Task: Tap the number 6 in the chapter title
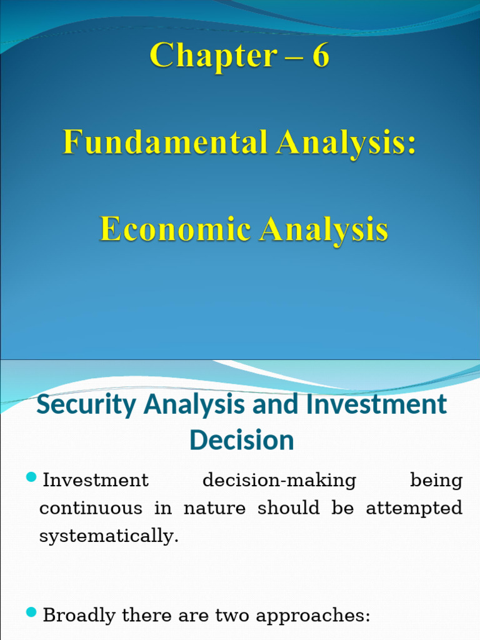(x=320, y=56)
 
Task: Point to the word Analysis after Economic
(x=324, y=229)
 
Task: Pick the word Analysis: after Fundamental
(x=347, y=142)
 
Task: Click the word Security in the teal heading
(x=86, y=404)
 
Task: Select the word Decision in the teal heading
(x=242, y=440)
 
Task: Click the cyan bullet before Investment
(x=32, y=479)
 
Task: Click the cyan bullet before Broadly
(x=32, y=614)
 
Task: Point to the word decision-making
(x=279, y=481)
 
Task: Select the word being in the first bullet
(x=436, y=481)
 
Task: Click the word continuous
(x=91, y=508)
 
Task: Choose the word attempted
(x=414, y=508)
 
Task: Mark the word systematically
(x=109, y=536)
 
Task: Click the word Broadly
(x=79, y=616)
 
